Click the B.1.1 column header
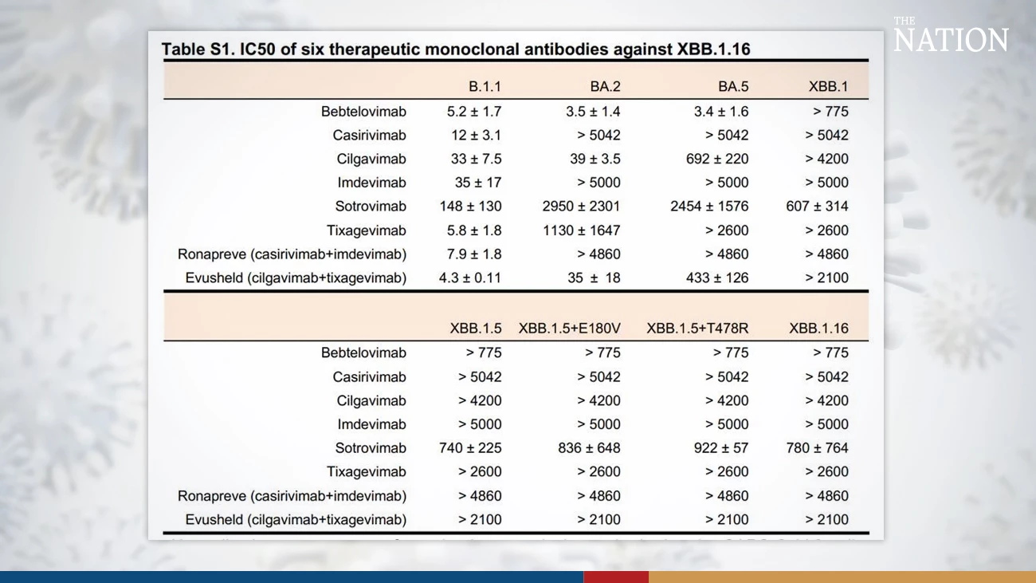[x=485, y=87]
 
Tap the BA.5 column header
[x=732, y=87]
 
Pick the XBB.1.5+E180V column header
[x=569, y=329]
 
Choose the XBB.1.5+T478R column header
[x=697, y=329]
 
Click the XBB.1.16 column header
[x=818, y=329]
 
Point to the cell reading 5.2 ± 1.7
[x=474, y=112]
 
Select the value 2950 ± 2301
[x=581, y=207]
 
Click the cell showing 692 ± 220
[x=717, y=159]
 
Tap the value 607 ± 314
[x=817, y=207]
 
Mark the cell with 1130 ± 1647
[x=583, y=230]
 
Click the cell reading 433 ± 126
[x=717, y=278]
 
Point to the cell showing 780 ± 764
[x=817, y=448]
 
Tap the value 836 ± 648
[x=589, y=448]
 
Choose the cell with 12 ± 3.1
[x=477, y=136]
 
